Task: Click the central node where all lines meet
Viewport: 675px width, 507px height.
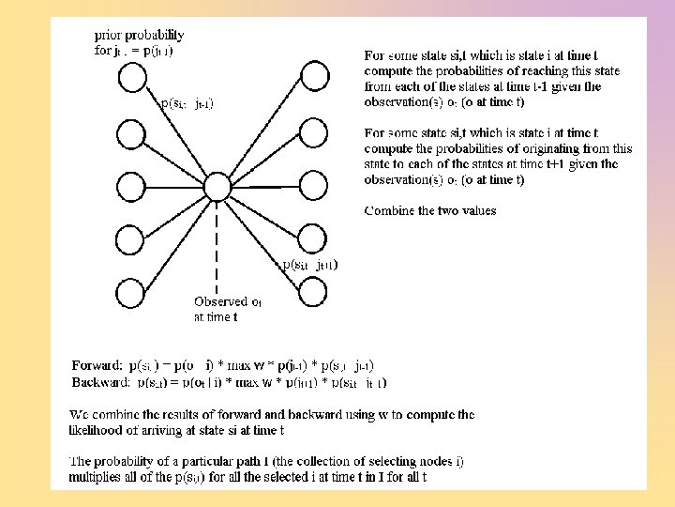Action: click(x=217, y=186)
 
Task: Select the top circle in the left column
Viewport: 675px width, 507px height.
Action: click(x=128, y=75)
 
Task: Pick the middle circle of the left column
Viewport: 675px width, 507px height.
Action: click(x=128, y=185)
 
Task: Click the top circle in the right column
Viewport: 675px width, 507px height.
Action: click(x=312, y=75)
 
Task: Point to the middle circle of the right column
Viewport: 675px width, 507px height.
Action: click(x=312, y=185)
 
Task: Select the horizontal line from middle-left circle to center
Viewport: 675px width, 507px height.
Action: click(x=173, y=186)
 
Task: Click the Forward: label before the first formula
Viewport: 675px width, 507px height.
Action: click(x=97, y=365)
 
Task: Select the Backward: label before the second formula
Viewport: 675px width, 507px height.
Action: click(x=101, y=382)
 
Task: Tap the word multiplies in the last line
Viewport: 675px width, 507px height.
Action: click(x=98, y=477)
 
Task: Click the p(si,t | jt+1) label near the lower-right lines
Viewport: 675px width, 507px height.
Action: click(x=310, y=265)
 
